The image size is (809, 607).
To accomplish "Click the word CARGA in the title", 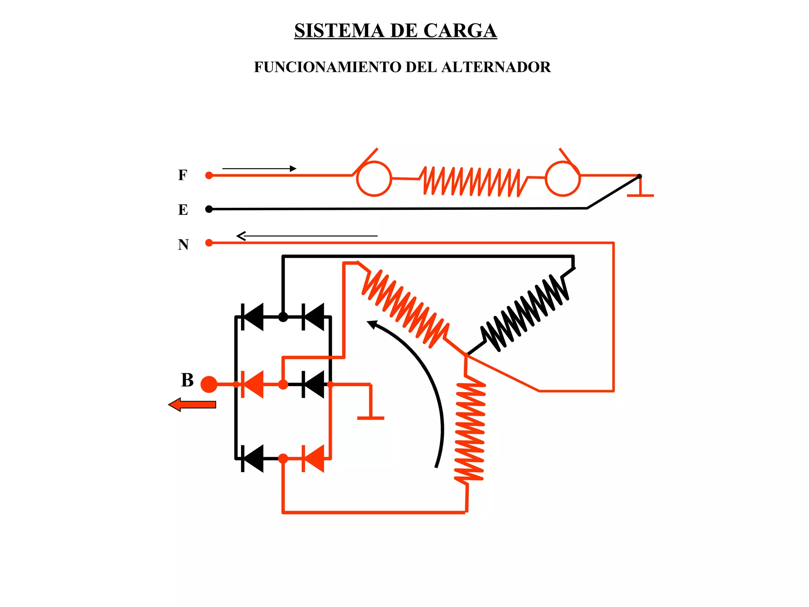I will pyautogui.click(x=460, y=31).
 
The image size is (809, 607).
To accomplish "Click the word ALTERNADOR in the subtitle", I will pyautogui.click(x=496, y=67).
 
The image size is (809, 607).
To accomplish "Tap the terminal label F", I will pyautogui.click(x=182, y=175).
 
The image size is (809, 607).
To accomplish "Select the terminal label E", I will pyautogui.click(x=183, y=209).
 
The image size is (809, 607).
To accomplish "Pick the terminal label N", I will pyautogui.click(x=183, y=244).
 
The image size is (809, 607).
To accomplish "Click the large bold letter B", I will pyautogui.click(x=187, y=380).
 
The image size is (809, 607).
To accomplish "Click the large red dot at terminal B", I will pyautogui.click(x=209, y=384).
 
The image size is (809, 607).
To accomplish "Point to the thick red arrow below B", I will pyautogui.click(x=192, y=405).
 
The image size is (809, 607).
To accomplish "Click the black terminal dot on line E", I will pyautogui.click(x=209, y=209).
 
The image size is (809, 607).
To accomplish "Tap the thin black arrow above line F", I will pyautogui.click(x=259, y=169).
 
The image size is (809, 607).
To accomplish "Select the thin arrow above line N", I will pyautogui.click(x=307, y=236).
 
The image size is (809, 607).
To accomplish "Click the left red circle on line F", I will pyautogui.click(x=374, y=179).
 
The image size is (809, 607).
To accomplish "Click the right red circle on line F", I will pyautogui.click(x=563, y=179).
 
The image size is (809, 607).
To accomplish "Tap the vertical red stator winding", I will pyautogui.click(x=470, y=431).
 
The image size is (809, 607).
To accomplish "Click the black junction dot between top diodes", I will pyautogui.click(x=283, y=317).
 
